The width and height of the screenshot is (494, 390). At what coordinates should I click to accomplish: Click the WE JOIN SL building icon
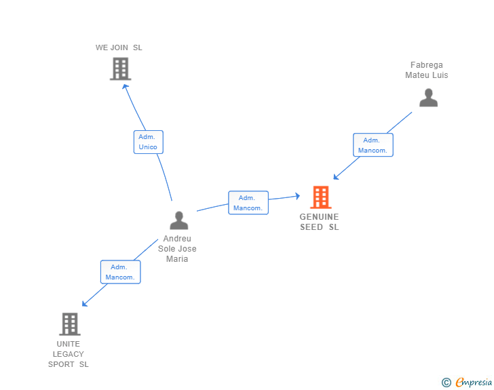click(x=120, y=69)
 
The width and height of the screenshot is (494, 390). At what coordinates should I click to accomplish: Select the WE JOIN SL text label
click(x=119, y=47)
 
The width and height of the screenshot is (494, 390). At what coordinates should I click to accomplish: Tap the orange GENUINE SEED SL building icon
click(x=320, y=197)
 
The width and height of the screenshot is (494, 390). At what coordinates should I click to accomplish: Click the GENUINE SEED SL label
click(x=319, y=222)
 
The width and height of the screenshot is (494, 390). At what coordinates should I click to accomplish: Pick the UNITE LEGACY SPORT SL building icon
click(x=69, y=324)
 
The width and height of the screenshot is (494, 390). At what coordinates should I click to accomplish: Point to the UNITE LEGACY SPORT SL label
click(x=68, y=354)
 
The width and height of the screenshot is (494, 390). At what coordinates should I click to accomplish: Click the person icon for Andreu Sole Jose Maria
click(x=178, y=220)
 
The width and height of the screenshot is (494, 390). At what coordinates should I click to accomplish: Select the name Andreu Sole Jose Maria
click(x=177, y=248)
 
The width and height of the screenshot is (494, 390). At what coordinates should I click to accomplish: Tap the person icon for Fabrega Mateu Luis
click(x=428, y=98)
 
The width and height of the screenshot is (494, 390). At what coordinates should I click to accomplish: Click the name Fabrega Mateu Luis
click(x=426, y=70)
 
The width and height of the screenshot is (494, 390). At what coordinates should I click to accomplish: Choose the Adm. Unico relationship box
click(x=148, y=142)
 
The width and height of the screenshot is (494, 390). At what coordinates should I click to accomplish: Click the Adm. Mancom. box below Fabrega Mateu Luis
click(x=373, y=145)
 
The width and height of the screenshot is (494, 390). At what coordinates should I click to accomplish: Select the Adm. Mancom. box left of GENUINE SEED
click(x=248, y=203)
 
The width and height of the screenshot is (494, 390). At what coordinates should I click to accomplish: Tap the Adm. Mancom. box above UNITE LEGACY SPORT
click(x=120, y=272)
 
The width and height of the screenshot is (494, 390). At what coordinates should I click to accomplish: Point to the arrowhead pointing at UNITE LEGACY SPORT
click(x=85, y=304)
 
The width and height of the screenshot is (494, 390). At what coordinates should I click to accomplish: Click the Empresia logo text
click(x=473, y=383)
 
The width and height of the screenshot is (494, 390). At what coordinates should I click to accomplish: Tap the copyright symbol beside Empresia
click(x=446, y=383)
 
